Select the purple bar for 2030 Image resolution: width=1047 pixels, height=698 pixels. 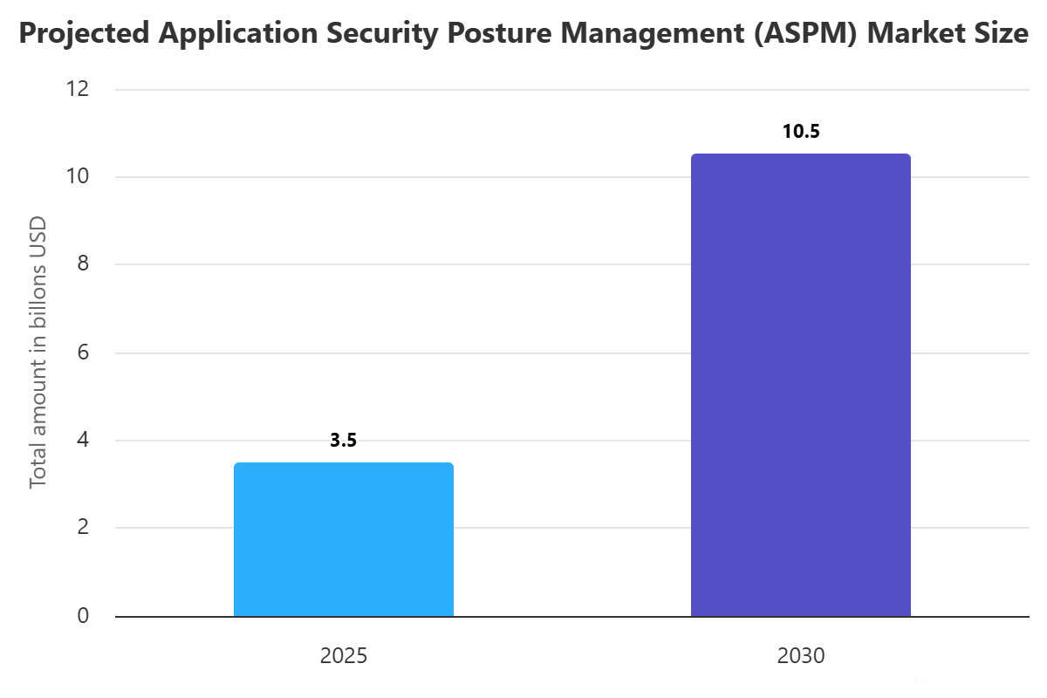[800, 385]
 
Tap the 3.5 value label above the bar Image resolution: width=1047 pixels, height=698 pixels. [344, 441]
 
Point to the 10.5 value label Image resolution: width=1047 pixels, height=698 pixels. [801, 132]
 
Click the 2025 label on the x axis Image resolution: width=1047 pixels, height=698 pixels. [344, 656]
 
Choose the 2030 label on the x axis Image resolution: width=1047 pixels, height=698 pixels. [800, 656]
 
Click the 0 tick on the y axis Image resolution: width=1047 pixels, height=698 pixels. [83, 616]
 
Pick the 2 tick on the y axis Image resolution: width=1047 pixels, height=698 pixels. [83, 528]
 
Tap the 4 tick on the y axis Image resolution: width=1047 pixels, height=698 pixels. [83, 440]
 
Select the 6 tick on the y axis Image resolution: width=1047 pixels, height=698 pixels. [83, 352]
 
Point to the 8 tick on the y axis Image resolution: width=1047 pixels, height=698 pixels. [83, 264]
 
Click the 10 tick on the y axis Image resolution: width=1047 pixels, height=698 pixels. [79, 176]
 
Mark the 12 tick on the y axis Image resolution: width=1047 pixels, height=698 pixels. [79, 89]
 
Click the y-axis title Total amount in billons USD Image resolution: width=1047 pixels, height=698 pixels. [38, 352]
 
